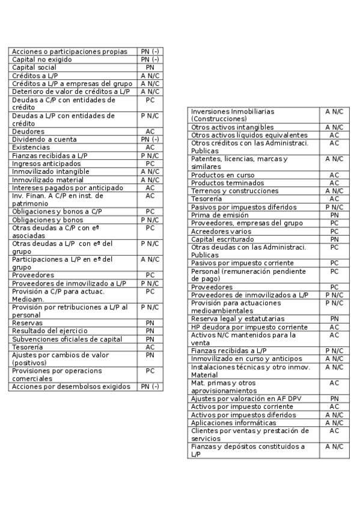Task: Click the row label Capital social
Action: (x=34, y=68)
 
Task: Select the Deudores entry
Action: (x=28, y=131)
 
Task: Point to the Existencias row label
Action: (x=32, y=147)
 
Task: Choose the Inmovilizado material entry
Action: (x=48, y=179)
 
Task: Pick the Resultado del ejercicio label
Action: (x=50, y=331)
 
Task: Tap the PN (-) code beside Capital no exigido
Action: (x=150, y=60)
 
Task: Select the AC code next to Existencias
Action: (x=150, y=147)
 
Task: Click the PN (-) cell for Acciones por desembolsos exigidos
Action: (x=150, y=387)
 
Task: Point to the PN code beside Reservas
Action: (x=150, y=323)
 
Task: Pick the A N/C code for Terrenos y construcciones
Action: (x=334, y=191)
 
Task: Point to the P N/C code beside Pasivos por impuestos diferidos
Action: (x=334, y=207)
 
